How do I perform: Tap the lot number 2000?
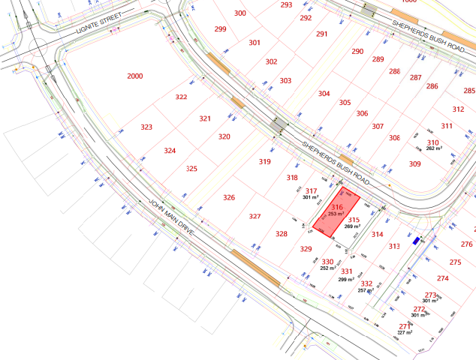pos(134,76)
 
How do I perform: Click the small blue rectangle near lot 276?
pos(417,241)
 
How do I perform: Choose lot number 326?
pos(229,197)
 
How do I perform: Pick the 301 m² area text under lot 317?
pos(311,197)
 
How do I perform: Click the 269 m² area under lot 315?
pos(352,226)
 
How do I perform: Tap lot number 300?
pos(240,13)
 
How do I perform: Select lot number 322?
pos(181,97)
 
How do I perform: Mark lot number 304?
pos(324,94)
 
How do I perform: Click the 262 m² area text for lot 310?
pos(434,148)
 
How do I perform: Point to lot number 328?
pos(281,234)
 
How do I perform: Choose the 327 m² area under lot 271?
pos(405,332)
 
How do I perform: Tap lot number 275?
pos(454,262)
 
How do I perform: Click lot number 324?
pos(170,151)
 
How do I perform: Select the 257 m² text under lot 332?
pos(365,290)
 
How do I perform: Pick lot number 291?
pos(322,34)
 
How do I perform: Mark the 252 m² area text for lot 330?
pos(328,268)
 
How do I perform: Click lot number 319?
pos(264,162)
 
